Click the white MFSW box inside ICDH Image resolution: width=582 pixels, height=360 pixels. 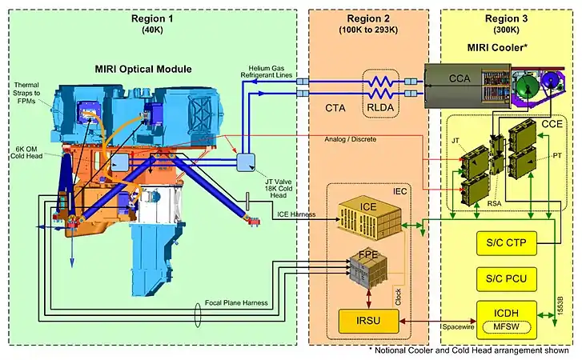[511, 325]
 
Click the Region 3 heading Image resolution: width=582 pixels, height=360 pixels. [508, 19]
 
